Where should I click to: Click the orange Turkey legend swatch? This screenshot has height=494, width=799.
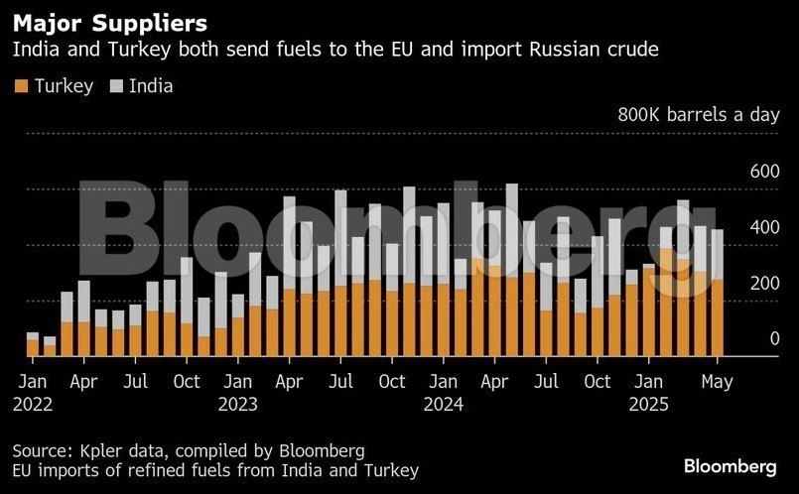coord(22,86)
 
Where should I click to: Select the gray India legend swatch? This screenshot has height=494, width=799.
coord(116,86)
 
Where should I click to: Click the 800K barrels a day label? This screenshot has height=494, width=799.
coord(699,115)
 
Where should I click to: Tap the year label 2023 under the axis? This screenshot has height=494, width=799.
coord(237,404)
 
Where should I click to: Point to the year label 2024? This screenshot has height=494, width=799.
coord(444,404)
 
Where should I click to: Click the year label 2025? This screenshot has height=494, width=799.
coord(649,404)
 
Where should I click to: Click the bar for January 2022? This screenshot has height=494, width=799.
coord(33,344)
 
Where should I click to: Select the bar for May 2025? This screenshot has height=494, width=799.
coord(717,294)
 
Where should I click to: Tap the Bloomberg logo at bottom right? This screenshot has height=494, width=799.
coord(730,465)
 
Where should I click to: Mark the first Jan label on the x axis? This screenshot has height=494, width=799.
coord(33,381)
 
